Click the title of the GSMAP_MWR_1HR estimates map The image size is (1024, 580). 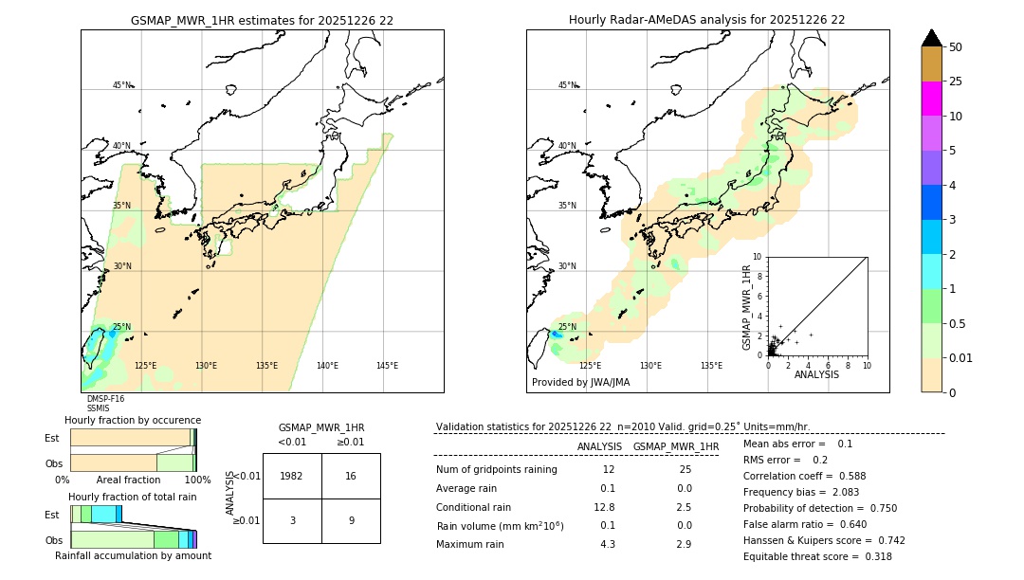[262, 20]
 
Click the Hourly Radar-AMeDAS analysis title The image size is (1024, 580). [706, 20]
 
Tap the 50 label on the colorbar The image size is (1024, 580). [956, 47]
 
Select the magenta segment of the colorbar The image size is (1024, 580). [931, 99]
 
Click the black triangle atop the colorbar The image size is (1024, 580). [931, 38]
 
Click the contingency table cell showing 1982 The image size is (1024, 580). [292, 476]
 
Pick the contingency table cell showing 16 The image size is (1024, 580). [351, 476]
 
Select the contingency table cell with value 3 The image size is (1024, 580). [292, 520]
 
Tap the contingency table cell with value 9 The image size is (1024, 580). [351, 520]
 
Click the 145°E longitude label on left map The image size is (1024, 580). [387, 366]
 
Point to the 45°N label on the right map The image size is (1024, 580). [567, 85]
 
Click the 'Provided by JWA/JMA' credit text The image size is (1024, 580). [580, 383]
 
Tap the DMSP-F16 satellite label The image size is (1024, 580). [105, 399]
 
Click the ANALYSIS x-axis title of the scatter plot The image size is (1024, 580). [816, 374]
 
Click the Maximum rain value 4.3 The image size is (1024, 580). [608, 544]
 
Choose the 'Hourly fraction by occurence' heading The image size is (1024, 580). [133, 420]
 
